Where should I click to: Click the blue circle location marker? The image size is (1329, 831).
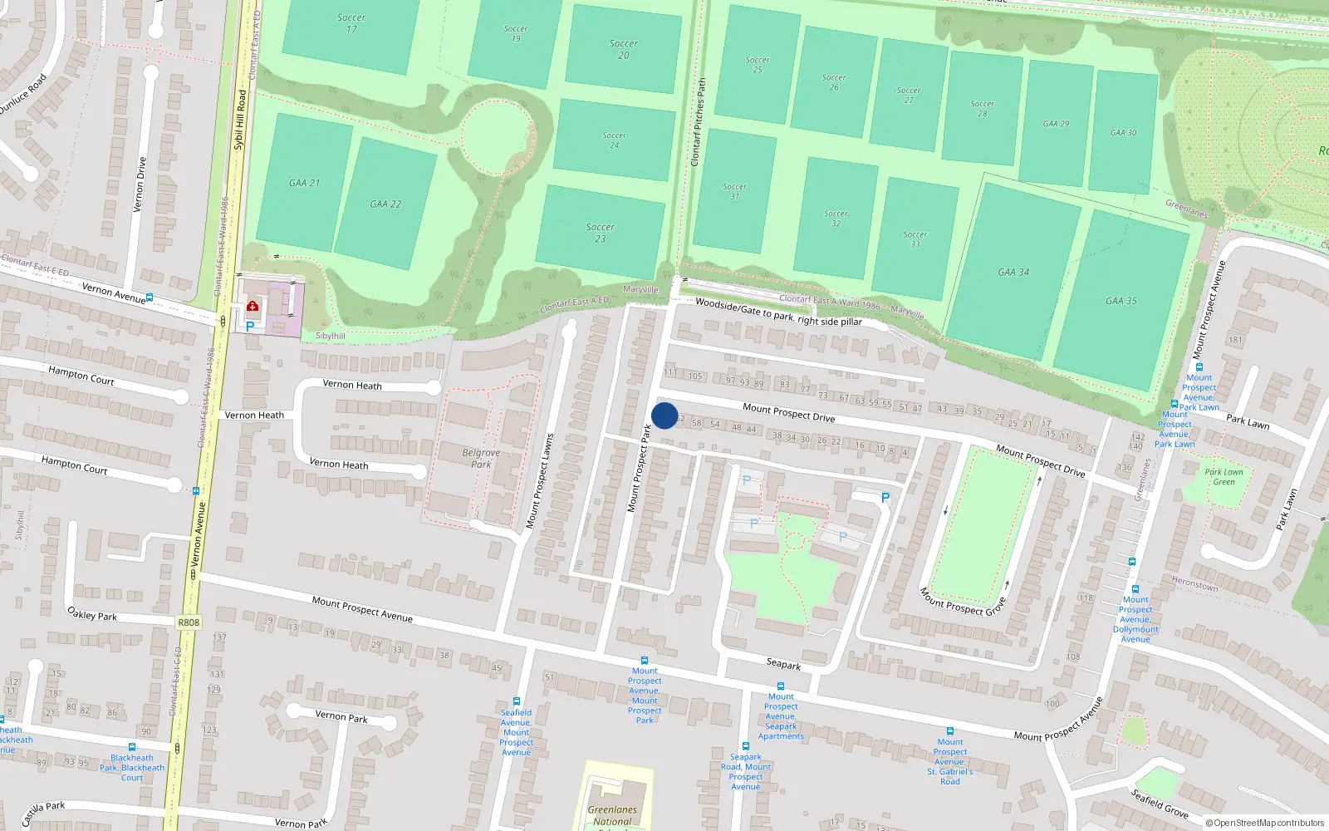(x=664, y=415)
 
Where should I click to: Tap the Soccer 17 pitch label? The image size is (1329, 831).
(x=351, y=23)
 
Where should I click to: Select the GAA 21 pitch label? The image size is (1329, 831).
(x=304, y=183)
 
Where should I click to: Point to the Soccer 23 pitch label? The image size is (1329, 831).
(x=600, y=233)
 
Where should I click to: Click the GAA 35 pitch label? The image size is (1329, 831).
(x=1121, y=301)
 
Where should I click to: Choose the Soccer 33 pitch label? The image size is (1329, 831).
(x=915, y=239)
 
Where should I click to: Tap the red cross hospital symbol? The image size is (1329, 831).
(x=253, y=306)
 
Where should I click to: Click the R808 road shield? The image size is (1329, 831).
(x=189, y=622)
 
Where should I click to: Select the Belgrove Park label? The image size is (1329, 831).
(x=481, y=459)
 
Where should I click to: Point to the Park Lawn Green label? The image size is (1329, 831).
(x=1224, y=477)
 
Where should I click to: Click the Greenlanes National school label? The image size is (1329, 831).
(x=612, y=815)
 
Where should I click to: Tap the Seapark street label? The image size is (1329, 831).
(x=783, y=664)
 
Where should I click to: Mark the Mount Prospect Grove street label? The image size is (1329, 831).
(x=963, y=602)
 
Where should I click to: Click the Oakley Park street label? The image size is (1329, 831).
(x=92, y=615)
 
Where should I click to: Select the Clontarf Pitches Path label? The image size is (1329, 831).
(x=699, y=121)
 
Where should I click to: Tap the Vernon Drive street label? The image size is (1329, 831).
(x=140, y=184)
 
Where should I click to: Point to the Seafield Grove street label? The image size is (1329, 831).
(x=1159, y=804)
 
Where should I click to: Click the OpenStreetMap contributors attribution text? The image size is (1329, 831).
(x=1264, y=824)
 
